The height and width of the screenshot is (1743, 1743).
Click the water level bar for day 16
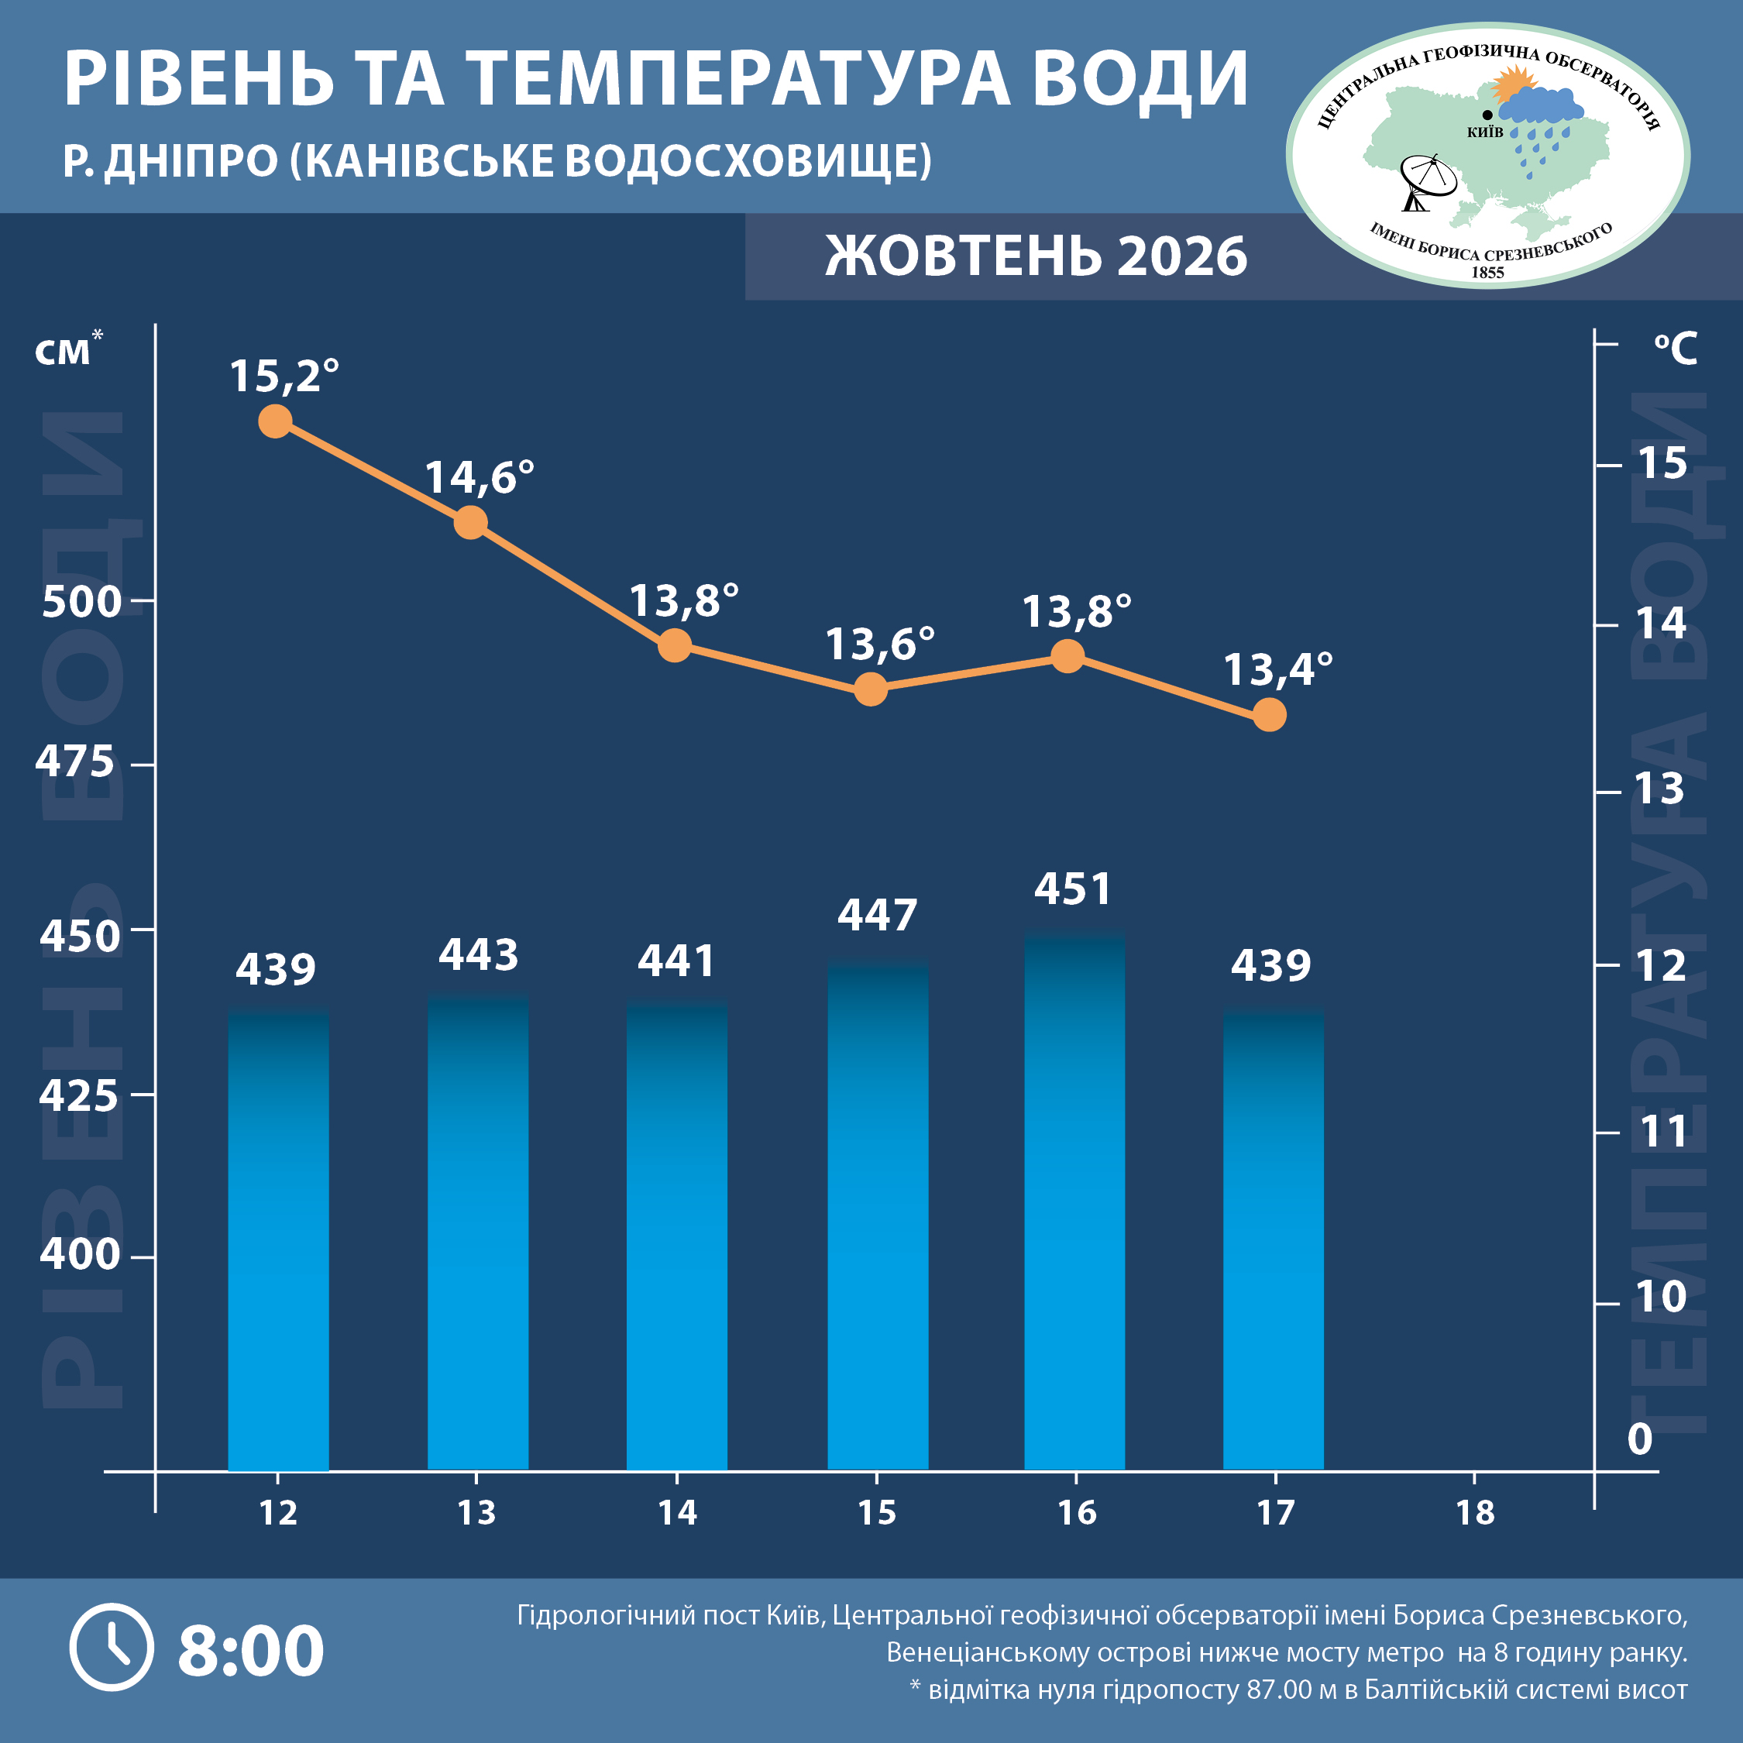pos(1074,1201)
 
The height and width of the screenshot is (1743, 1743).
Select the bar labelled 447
pos(878,1215)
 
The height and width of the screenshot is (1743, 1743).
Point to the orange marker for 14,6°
pos(471,522)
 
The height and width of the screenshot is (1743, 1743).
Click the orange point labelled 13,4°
pos(1270,716)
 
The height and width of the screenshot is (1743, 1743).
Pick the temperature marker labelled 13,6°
pos(871,689)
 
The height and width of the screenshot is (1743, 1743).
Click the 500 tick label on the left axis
pos(82,602)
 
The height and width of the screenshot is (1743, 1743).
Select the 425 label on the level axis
pos(78,1095)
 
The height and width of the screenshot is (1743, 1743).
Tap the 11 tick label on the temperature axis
pos(1662,1131)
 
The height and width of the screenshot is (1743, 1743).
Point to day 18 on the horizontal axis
pos(1475,1513)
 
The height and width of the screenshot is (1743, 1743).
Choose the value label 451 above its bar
pos(1073,889)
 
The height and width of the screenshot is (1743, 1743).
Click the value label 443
pos(478,954)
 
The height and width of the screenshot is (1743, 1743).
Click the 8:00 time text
pos(251,1651)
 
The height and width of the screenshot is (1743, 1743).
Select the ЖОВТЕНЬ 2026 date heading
pos(1037,256)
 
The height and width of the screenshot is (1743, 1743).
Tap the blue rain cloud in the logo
pos(1540,106)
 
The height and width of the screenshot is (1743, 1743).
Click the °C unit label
pos(1676,349)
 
